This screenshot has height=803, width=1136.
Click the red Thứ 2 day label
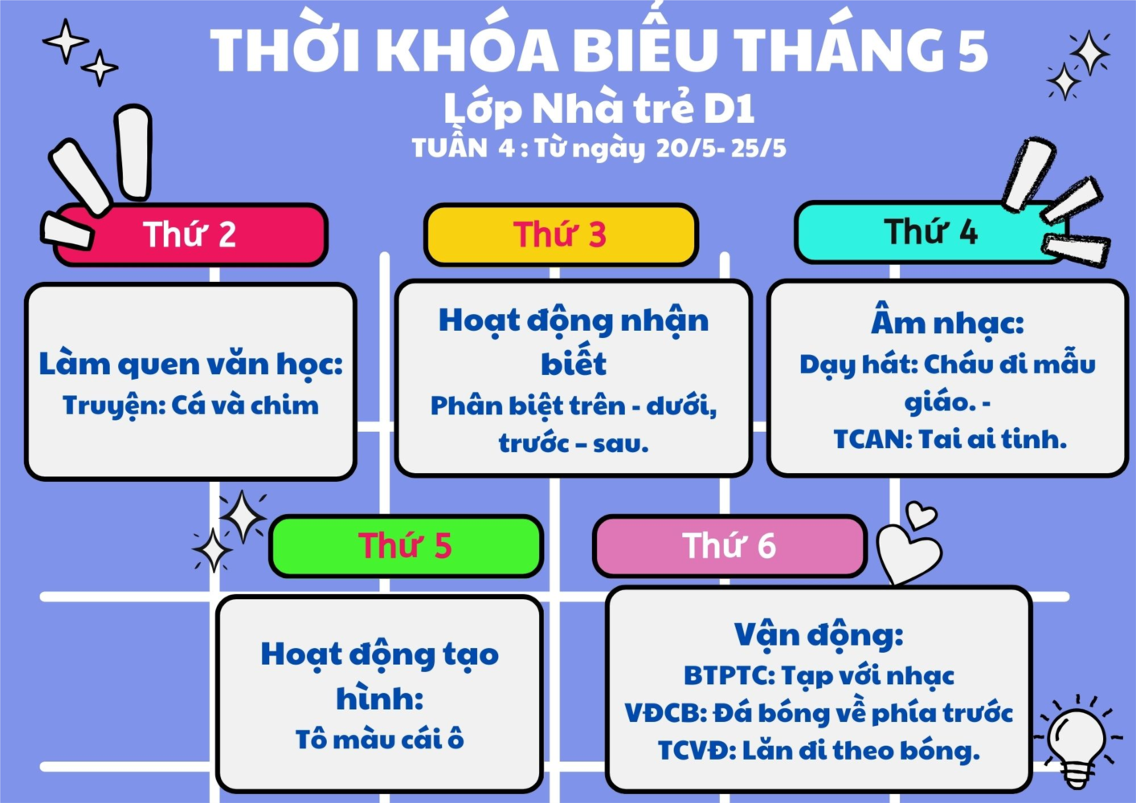[x=190, y=234]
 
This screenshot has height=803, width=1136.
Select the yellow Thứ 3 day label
[x=561, y=234]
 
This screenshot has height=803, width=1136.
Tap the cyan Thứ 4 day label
[x=930, y=232]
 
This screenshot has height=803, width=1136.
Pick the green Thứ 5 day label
[x=406, y=546]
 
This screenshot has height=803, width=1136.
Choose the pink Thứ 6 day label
[x=729, y=546]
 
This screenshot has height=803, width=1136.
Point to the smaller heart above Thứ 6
[x=921, y=516]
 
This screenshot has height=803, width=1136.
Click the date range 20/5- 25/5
[x=721, y=149]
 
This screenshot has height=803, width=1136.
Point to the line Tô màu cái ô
[x=380, y=739]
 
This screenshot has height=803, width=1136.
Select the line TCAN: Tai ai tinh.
[x=950, y=439]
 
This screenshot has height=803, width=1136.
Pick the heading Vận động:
[x=819, y=634]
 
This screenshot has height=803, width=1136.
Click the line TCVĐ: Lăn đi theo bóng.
[x=819, y=750]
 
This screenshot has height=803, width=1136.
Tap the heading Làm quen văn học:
[x=190, y=365]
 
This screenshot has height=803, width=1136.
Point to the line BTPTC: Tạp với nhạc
[x=819, y=675]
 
